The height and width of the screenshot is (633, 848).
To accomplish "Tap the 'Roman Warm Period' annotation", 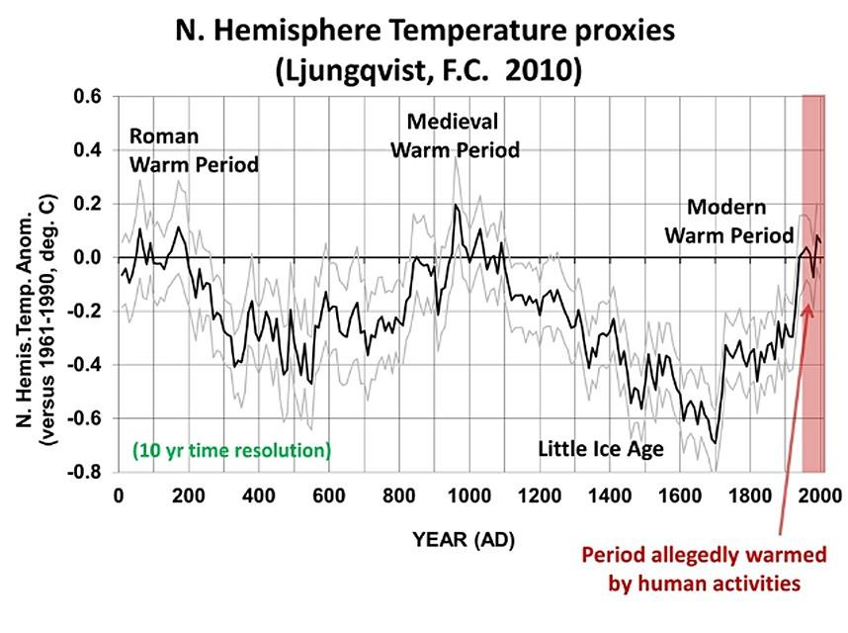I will click(194, 150).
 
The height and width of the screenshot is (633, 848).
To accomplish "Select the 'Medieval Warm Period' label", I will click(455, 136).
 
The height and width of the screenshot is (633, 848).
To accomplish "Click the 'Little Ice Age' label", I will click(600, 449).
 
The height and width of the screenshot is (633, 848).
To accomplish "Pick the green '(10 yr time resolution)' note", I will click(230, 451).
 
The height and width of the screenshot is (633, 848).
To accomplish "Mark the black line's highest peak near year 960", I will click(456, 205).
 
